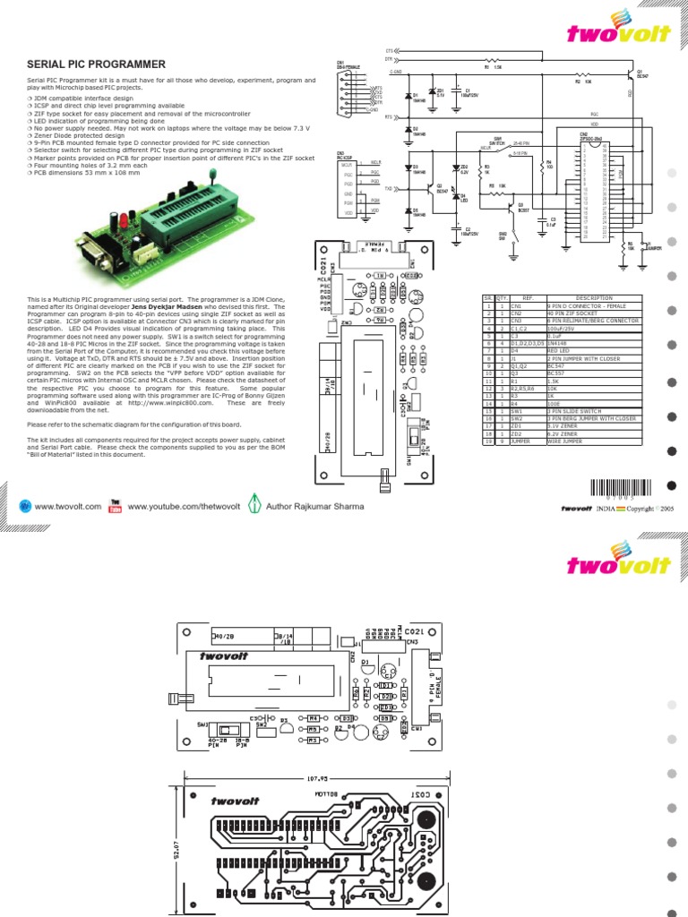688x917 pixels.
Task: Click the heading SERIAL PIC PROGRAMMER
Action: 97,64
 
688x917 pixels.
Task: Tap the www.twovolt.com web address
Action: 67,506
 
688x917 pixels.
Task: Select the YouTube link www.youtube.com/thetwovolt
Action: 184,506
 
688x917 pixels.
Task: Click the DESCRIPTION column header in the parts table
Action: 594,298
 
